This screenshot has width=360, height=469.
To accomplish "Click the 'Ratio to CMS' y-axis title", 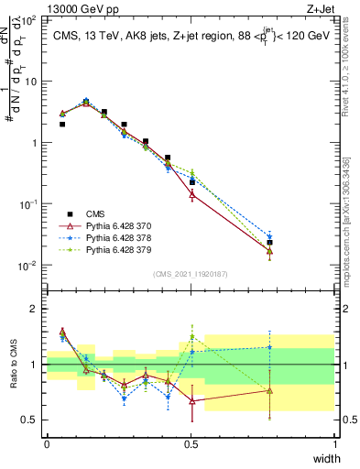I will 15,365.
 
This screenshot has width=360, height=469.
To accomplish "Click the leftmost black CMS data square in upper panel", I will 62,124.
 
